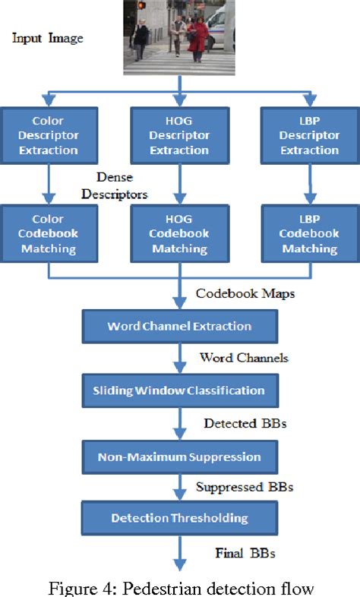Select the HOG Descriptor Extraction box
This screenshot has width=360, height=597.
tap(179, 135)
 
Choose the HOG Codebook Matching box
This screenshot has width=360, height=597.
tap(179, 234)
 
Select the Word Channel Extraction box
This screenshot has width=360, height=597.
tap(179, 326)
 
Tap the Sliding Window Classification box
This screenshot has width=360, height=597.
tap(179, 390)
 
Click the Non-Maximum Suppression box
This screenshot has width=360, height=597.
tap(179, 456)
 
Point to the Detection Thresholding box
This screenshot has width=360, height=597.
tap(179, 518)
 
